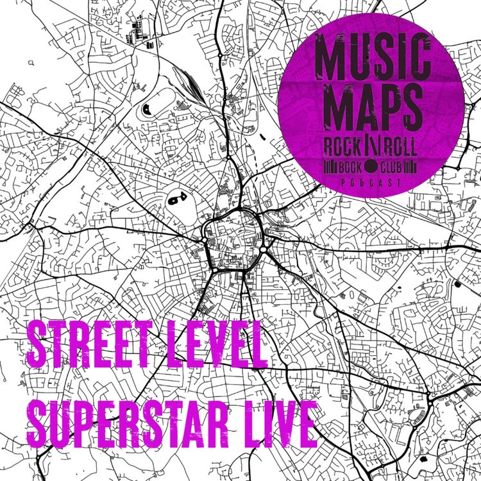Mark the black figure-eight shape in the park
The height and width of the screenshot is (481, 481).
click(176, 200)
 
